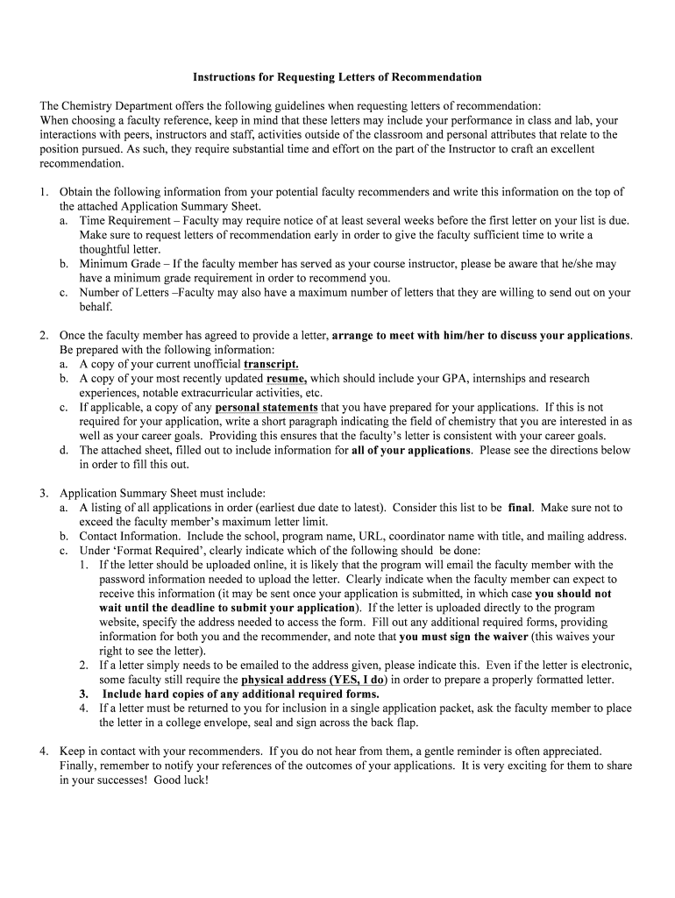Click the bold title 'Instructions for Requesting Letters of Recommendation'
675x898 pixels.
pos(337,77)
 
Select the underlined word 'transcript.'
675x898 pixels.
pos(271,364)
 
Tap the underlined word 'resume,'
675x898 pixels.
pos(286,379)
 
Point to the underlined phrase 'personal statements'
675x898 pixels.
pos(266,408)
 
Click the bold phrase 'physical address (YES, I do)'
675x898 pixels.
pos(313,680)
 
